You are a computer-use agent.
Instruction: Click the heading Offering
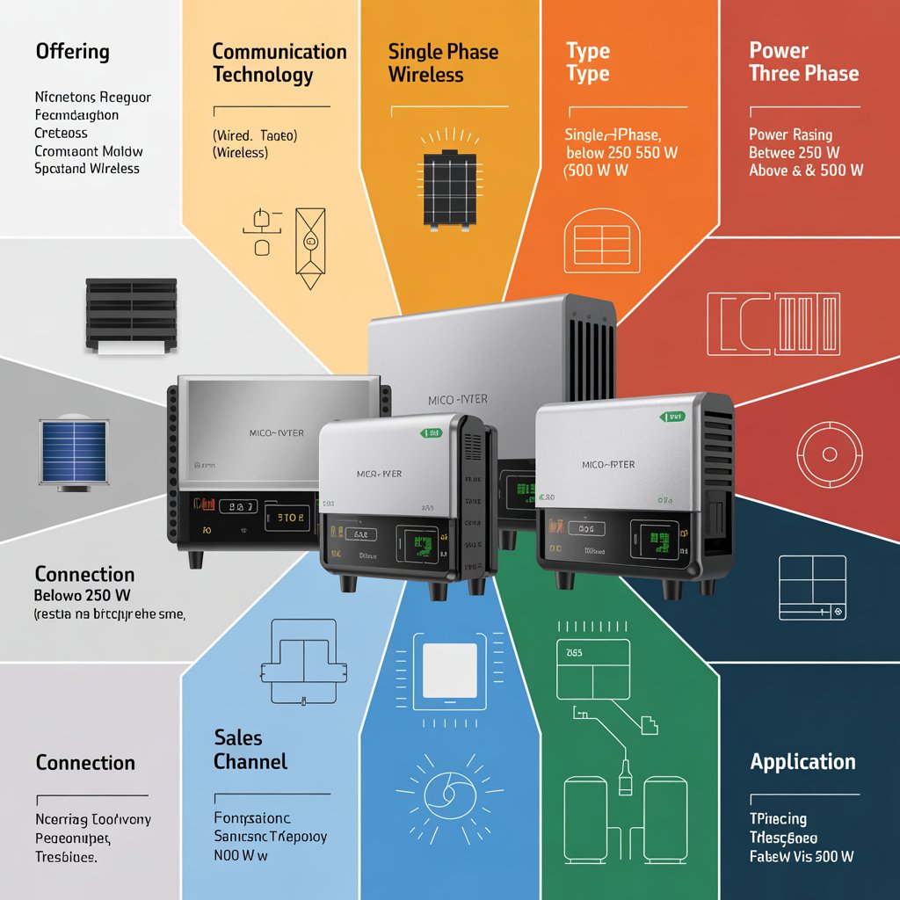(x=73, y=52)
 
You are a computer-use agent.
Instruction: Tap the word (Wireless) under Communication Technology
(x=240, y=153)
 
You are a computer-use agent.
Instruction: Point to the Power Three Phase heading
(x=803, y=62)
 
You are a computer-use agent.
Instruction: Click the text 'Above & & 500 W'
(x=805, y=171)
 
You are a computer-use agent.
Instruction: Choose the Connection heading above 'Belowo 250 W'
(x=85, y=575)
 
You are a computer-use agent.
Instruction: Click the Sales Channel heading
(x=250, y=749)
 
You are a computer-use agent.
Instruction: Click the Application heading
(x=802, y=762)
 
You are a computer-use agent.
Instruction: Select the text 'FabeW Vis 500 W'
(x=802, y=856)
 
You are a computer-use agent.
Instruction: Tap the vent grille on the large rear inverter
(x=593, y=347)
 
